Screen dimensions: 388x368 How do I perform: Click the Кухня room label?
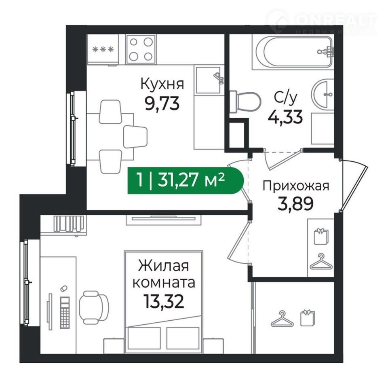[x=162, y=84]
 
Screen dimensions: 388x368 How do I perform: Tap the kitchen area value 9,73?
[x=162, y=103]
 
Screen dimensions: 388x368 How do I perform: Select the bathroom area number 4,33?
[x=285, y=116]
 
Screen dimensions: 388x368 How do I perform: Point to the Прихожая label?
[x=296, y=186]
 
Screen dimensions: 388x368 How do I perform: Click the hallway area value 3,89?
[x=296, y=204]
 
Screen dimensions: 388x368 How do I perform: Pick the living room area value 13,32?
[x=164, y=302]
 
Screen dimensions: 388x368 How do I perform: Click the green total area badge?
[x=186, y=180]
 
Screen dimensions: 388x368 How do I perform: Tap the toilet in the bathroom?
[x=245, y=102]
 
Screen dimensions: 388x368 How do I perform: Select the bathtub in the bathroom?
[x=293, y=52]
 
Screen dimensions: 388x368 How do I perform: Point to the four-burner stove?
[x=141, y=49]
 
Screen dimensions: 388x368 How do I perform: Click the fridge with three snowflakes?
[x=103, y=50]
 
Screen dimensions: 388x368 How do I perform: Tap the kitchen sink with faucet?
[x=209, y=80]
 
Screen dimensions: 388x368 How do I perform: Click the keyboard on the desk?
[x=65, y=313]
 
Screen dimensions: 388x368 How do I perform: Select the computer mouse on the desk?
[x=64, y=288]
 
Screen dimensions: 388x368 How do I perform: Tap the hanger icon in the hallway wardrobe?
[x=321, y=262]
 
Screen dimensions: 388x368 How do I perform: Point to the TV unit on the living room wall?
[x=164, y=220]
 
